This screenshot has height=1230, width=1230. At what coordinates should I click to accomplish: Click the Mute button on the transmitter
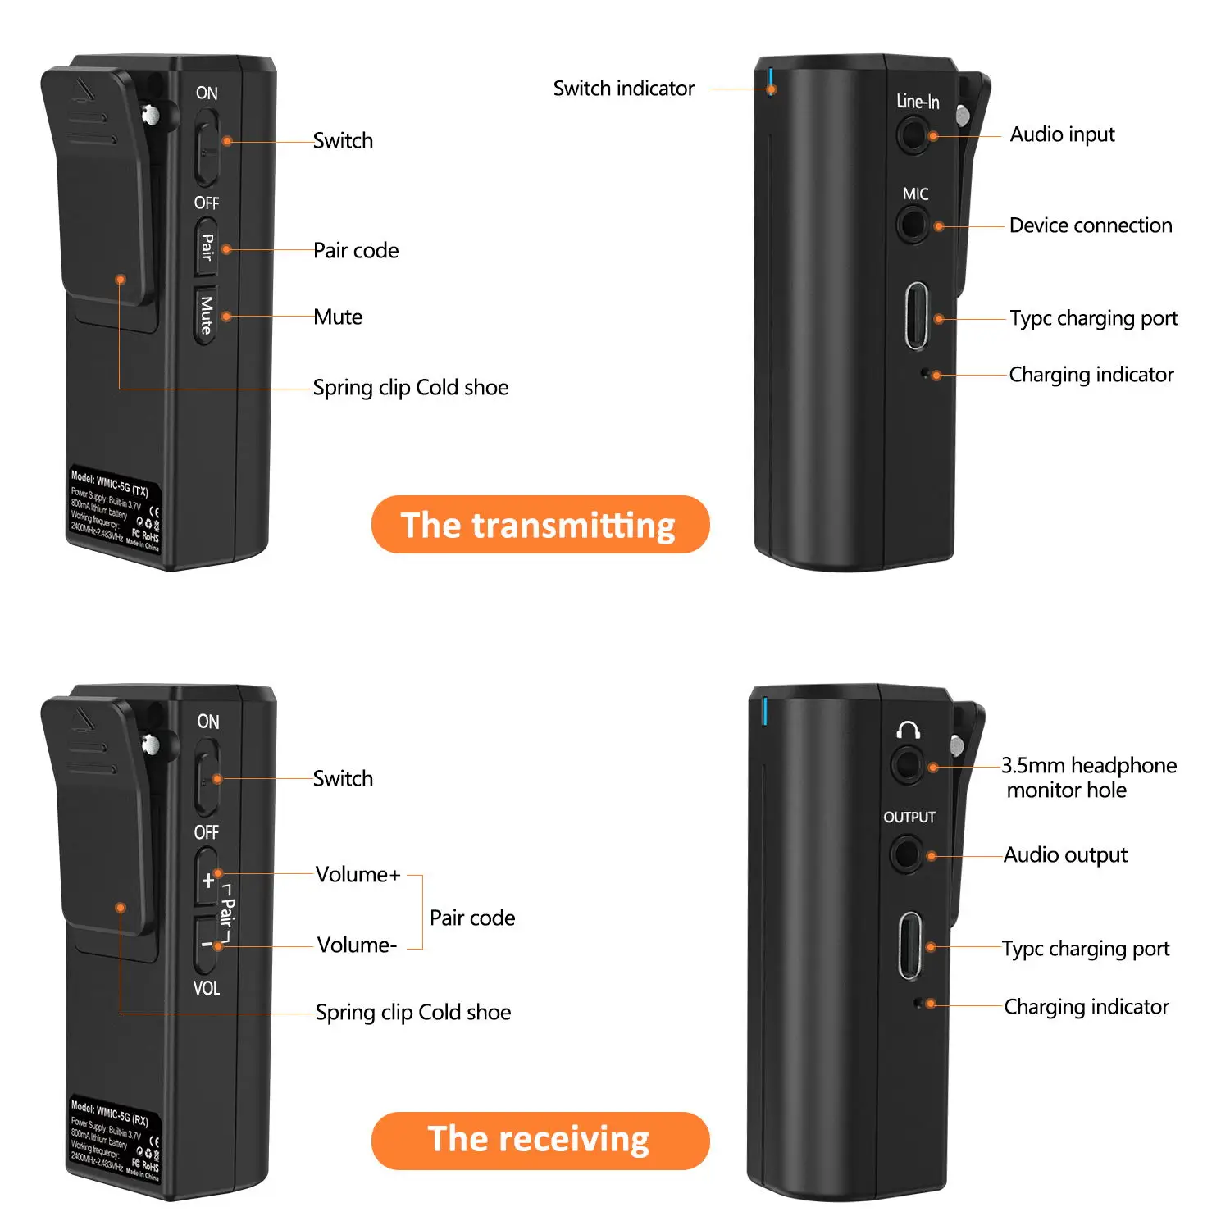[x=207, y=314]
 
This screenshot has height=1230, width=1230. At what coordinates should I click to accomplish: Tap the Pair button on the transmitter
[x=207, y=247]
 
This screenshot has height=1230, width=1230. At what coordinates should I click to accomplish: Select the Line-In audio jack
[x=912, y=134]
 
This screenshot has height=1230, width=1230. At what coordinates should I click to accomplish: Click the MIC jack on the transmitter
[x=912, y=223]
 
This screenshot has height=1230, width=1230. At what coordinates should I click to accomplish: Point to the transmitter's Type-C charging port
[x=917, y=316]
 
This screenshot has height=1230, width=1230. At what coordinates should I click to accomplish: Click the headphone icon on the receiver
[x=908, y=730]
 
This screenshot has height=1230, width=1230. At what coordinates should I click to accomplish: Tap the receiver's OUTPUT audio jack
[x=906, y=854]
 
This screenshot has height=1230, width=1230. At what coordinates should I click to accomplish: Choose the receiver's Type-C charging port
[x=910, y=945]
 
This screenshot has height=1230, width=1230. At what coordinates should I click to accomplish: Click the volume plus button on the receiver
[x=207, y=880]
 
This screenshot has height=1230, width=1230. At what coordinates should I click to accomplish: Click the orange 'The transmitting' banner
[x=540, y=525]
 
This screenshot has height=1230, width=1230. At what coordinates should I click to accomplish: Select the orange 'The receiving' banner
[x=540, y=1140]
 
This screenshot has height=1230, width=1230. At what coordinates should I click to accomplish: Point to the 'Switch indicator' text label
[x=623, y=89]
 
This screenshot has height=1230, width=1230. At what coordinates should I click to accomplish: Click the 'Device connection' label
[x=1091, y=225]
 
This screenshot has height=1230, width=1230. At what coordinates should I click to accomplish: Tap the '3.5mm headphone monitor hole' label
[x=1088, y=777]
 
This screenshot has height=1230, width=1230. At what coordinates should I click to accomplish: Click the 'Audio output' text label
[x=1065, y=855]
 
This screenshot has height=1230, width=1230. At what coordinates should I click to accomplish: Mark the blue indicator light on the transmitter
[x=771, y=78]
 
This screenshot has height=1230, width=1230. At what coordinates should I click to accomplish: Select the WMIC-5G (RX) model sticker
[x=115, y=1140]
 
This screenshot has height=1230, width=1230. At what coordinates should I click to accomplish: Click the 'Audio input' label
[x=1062, y=134]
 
